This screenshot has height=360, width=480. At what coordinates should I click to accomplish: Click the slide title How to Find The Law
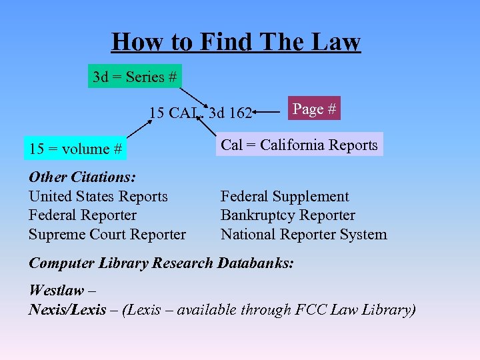click(x=235, y=42)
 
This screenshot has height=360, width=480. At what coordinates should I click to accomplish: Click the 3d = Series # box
click(x=135, y=77)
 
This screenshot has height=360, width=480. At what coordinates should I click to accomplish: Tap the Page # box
click(x=314, y=109)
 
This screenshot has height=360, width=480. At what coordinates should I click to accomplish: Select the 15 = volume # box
click(x=75, y=149)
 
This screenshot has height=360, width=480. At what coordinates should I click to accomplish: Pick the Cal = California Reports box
click(x=299, y=145)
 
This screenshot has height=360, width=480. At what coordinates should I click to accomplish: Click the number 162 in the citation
click(x=239, y=113)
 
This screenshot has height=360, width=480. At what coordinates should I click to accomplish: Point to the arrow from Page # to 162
click(x=269, y=113)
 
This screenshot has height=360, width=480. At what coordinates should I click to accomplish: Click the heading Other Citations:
click(x=82, y=177)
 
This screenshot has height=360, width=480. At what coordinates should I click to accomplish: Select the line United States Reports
click(x=98, y=197)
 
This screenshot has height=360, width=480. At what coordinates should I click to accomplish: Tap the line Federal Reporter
click(x=82, y=215)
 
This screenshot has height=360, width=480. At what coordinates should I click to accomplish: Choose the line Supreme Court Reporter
click(x=107, y=234)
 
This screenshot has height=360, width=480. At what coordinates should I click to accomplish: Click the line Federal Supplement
click(x=285, y=197)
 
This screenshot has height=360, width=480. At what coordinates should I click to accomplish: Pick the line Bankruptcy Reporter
click(x=287, y=215)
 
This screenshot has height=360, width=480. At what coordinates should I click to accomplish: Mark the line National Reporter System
click(x=303, y=234)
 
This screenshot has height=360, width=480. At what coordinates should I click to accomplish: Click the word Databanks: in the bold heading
click(x=255, y=263)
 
